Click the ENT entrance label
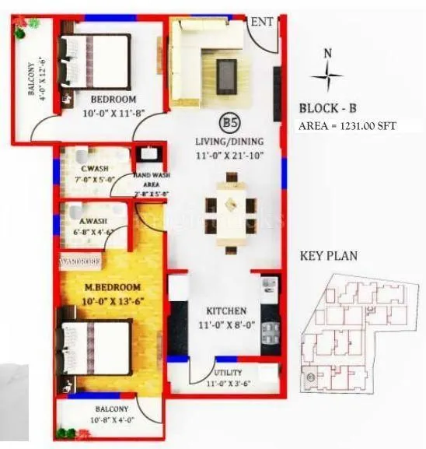click(x=262, y=22)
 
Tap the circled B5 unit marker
click(x=229, y=122)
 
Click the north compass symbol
click(x=326, y=75)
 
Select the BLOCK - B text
click(x=329, y=109)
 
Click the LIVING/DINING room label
click(x=229, y=142)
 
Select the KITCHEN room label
click(x=226, y=310)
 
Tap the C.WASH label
click(x=93, y=169)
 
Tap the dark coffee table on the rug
click(x=228, y=75)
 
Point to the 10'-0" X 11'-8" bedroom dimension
click(x=113, y=113)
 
